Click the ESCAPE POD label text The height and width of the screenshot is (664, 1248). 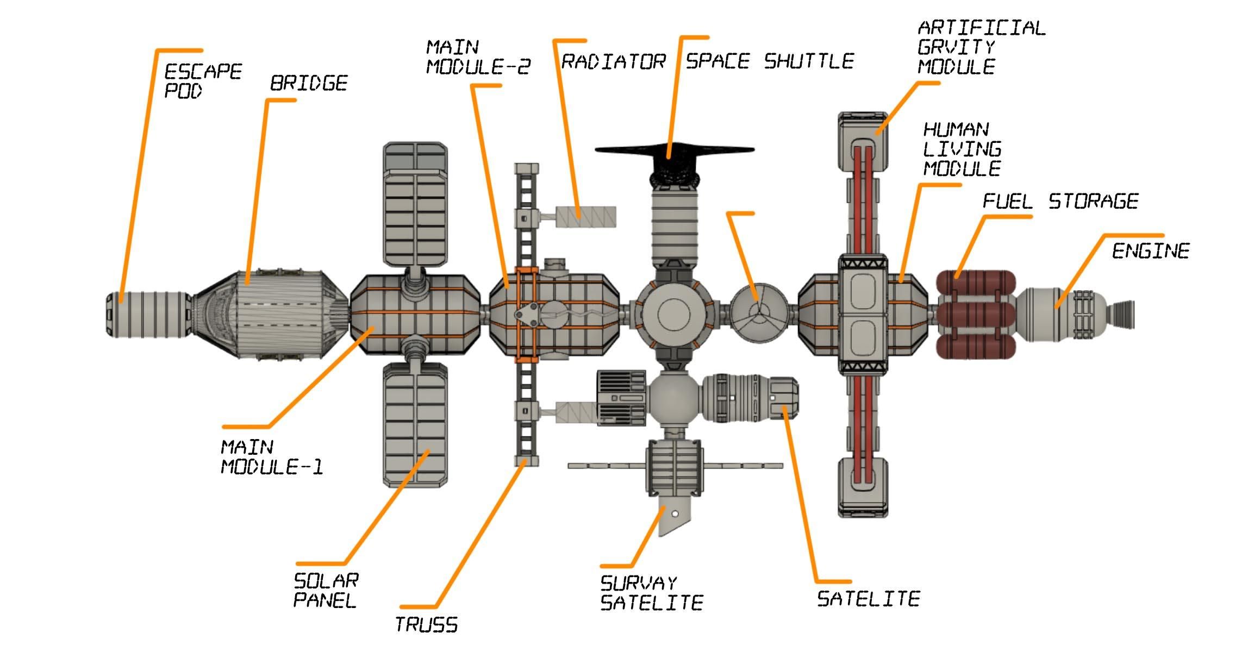click(202, 80)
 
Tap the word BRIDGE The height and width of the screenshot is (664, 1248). click(309, 83)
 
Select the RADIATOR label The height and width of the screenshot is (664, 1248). click(613, 61)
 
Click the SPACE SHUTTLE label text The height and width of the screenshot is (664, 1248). click(770, 61)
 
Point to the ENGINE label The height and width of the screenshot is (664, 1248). click(1150, 251)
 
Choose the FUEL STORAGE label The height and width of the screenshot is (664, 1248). click(1060, 202)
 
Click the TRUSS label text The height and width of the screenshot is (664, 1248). click(426, 625)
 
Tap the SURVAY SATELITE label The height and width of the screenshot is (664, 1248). click(651, 593)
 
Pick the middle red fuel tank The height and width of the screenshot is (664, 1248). click(976, 314)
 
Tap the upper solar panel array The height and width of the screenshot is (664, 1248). click(415, 204)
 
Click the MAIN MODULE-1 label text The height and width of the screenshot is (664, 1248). click(272, 457)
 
